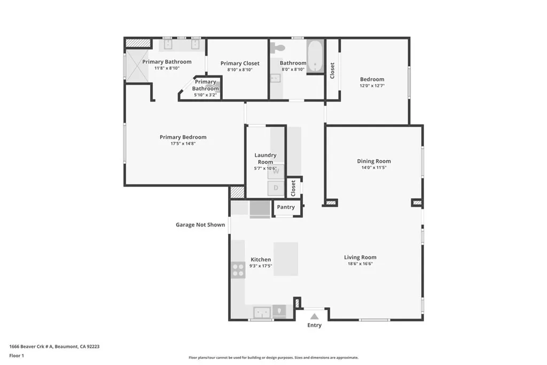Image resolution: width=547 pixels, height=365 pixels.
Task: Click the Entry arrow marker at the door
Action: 314,316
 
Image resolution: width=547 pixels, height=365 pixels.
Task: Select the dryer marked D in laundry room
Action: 276,188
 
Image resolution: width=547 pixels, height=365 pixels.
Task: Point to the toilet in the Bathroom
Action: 276,48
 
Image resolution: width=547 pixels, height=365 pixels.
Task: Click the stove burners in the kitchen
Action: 238,270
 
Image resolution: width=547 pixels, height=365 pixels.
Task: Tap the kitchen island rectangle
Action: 286,259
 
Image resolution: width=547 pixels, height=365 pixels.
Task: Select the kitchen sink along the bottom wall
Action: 262,312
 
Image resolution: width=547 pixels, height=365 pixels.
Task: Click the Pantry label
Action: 286,207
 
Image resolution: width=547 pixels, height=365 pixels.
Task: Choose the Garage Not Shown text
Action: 200,225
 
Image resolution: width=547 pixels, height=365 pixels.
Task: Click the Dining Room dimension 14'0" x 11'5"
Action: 374,167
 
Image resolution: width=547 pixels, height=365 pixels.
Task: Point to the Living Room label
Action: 360,257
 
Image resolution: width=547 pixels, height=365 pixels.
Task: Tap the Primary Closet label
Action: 240,64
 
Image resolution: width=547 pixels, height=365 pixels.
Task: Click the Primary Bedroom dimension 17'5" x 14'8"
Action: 183,144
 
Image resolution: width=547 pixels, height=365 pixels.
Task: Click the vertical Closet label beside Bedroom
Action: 332,71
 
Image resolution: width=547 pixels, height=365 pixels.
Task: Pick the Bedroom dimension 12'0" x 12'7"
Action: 372,86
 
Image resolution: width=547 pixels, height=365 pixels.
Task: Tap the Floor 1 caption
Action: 17,355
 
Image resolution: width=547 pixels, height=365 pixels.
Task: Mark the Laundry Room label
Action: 265,159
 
